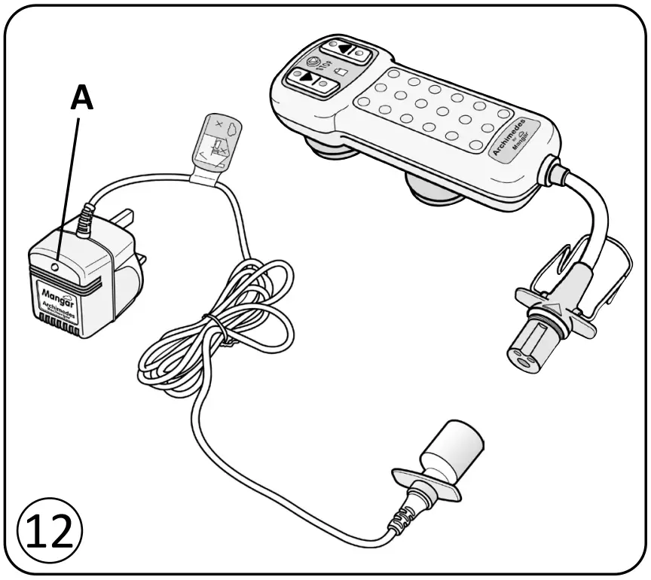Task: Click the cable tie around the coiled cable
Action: pyautogui.click(x=215, y=325)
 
